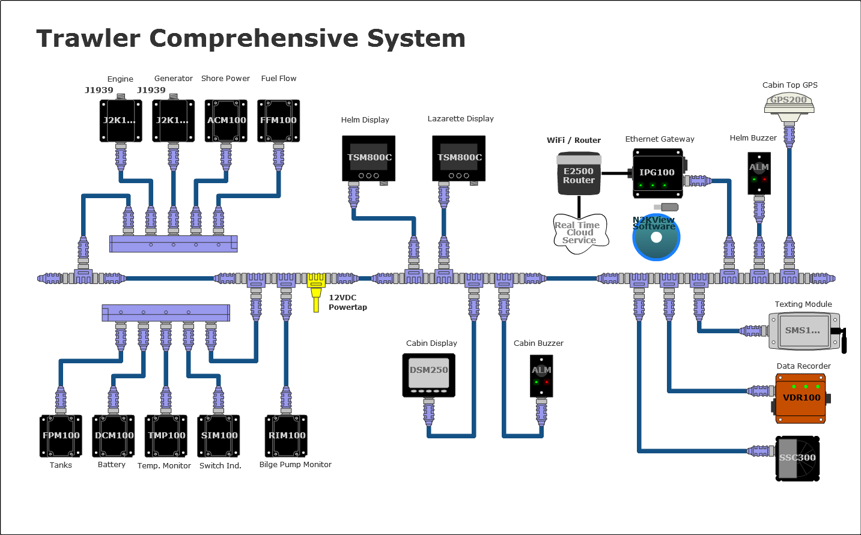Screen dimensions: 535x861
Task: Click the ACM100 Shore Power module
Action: click(226, 121)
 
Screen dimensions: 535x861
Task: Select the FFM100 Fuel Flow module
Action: click(279, 121)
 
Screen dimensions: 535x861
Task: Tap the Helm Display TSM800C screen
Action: click(369, 158)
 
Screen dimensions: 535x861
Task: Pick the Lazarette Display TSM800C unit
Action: click(459, 158)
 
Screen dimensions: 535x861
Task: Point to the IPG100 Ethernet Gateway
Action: click(658, 174)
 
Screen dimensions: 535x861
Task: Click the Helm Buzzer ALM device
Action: click(759, 172)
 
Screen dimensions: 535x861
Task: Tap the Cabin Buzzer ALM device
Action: click(541, 375)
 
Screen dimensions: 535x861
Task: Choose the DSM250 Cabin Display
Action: click(428, 375)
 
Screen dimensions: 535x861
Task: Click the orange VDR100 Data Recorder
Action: click(800, 398)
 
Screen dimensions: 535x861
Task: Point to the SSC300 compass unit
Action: click(797, 458)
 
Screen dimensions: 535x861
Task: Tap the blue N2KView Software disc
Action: click(656, 238)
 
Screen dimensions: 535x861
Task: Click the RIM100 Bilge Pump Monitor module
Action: click(287, 436)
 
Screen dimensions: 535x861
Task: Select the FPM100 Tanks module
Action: click(61, 436)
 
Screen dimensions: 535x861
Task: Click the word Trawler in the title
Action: click(88, 38)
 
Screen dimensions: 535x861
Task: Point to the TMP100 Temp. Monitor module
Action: click(166, 436)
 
